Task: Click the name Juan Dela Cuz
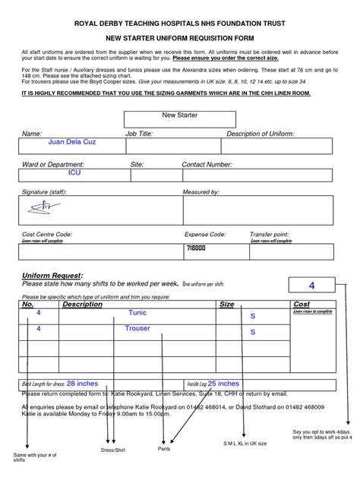click(x=72, y=142)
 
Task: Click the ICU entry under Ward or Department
click(x=74, y=173)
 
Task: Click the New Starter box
click(x=179, y=115)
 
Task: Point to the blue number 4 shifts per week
click(x=311, y=286)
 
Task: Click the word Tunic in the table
click(x=137, y=313)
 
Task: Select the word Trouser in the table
click(x=137, y=329)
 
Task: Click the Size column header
click(x=226, y=304)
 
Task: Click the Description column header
click(x=82, y=304)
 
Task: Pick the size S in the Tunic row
click(x=253, y=315)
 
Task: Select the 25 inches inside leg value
click(x=223, y=384)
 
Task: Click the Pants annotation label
click(x=164, y=449)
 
